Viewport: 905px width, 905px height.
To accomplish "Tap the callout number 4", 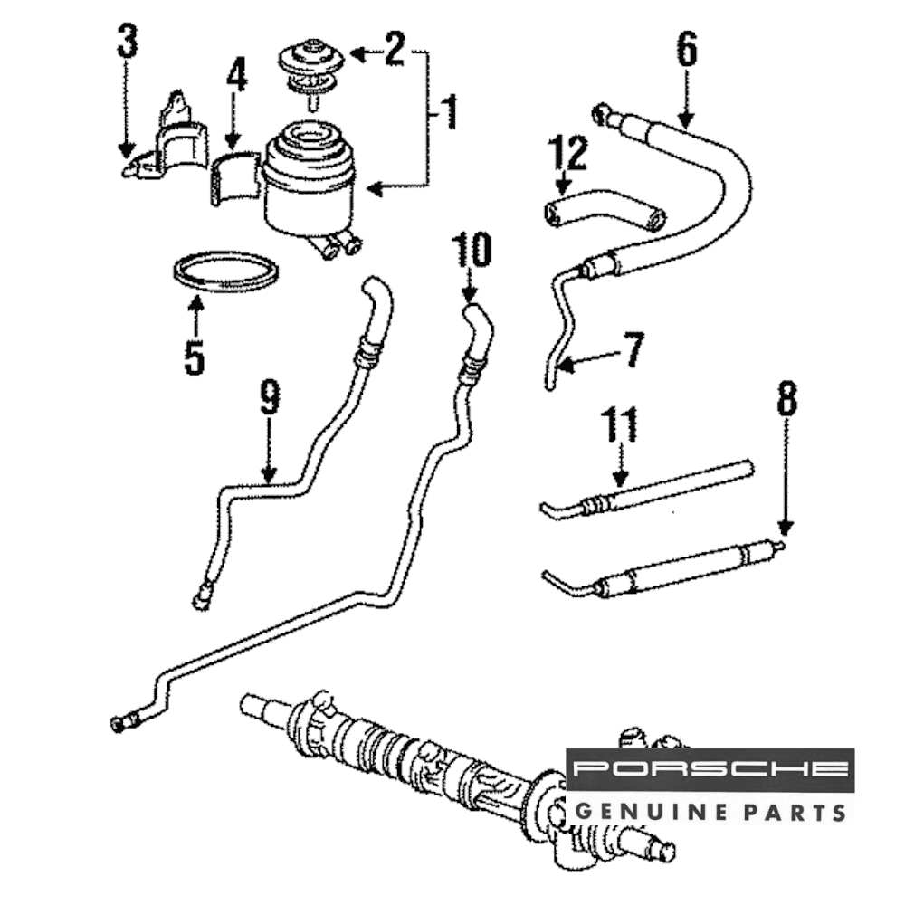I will coord(235,78).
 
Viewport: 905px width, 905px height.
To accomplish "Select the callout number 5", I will coord(194,357).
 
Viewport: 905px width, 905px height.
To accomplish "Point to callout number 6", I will coord(687,52).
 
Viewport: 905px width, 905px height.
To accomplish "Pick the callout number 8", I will coord(786,399).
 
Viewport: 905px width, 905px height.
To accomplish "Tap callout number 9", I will coord(268,399).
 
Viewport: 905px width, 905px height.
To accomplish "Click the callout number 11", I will coord(620,426).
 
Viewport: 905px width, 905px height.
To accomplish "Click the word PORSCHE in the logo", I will coord(710,770).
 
